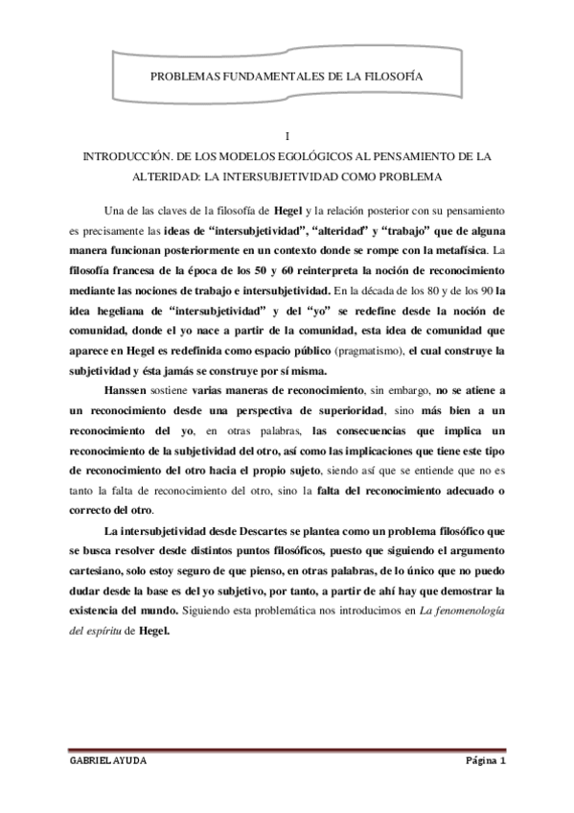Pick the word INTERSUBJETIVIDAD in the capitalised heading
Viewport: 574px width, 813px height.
363,178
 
